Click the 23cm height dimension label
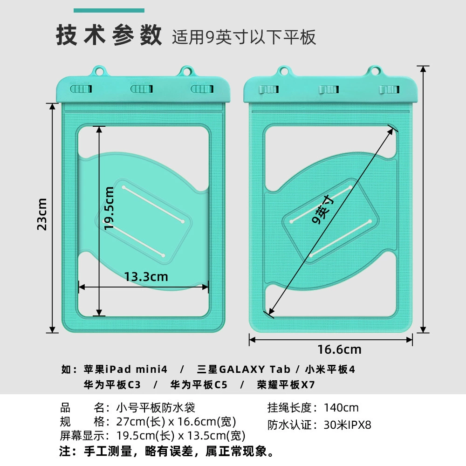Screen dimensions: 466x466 pos(42,214)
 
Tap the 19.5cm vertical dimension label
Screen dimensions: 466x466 pos(109,208)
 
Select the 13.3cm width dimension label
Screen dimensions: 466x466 pos(146,277)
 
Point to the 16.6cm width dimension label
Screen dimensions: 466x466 pos(339,349)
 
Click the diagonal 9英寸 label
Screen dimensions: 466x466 pos(323,209)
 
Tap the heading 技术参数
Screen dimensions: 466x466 pos(109,35)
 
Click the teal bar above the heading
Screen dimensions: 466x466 pos(109,11)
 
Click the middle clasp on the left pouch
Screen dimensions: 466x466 pos(142,89)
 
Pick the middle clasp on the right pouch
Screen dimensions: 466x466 pos(329,89)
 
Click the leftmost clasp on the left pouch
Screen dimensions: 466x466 pos(81,89)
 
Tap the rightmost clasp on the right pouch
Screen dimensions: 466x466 pos(389,89)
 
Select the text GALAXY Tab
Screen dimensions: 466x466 pos(254,370)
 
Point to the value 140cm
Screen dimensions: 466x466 pos(341,408)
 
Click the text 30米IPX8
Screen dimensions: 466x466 pos(348,425)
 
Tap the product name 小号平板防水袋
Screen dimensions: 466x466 pos(156,408)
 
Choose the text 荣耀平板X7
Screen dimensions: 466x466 pos(286,385)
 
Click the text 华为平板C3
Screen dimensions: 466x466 pos(112,385)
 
